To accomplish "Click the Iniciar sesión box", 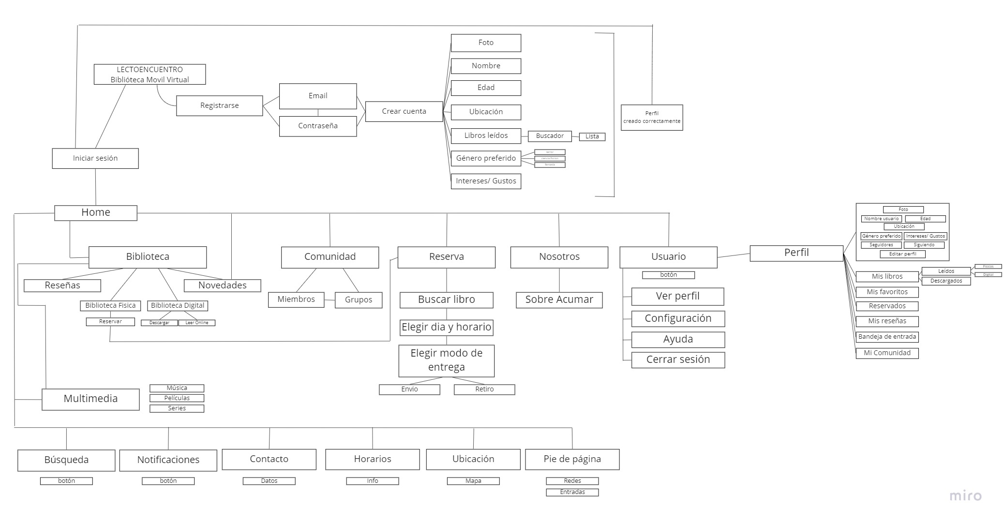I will pos(95,158).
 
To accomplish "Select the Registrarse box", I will pos(219,105).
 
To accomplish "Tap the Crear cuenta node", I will pos(404,111).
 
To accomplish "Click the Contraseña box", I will pos(318,126).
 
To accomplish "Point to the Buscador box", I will pos(550,136).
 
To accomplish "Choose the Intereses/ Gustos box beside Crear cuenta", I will pos(486,181).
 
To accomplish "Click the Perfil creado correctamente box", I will pos(652,117).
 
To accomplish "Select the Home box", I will pos(96,212).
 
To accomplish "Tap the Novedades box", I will pos(223,285).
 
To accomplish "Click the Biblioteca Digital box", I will pos(178,306).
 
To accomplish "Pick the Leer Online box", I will pos(197,323).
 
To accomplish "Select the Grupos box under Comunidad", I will pos(359,299).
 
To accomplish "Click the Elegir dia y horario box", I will pos(446,327).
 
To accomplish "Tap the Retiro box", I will pos(484,389).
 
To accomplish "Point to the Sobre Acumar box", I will pos(559,299).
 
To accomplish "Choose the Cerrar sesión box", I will pos(678,359).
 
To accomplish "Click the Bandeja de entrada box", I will pos(887,337).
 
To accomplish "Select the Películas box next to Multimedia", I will pos(177,398).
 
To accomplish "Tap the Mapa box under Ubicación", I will pos(473,481).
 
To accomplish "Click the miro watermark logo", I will pos(965,496).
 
